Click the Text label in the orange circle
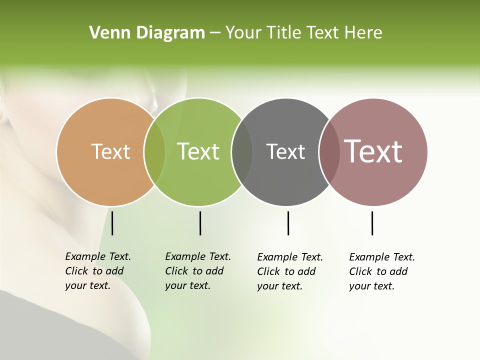(x=110, y=151)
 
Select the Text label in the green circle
(x=198, y=151)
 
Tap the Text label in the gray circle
(x=285, y=151)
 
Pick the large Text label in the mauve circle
(x=373, y=151)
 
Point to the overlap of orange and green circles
(x=154, y=152)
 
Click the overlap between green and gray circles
(x=242, y=152)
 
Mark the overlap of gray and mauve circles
(x=329, y=152)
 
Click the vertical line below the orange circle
(x=112, y=223)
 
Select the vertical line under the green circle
(x=200, y=223)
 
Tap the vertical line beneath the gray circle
(x=288, y=223)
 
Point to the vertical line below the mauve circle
(x=372, y=223)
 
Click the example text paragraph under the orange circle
(x=97, y=271)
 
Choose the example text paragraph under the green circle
(x=197, y=271)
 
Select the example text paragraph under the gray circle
(x=289, y=271)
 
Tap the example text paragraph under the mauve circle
(x=381, y=271)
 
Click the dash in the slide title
(x=215, y=33)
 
